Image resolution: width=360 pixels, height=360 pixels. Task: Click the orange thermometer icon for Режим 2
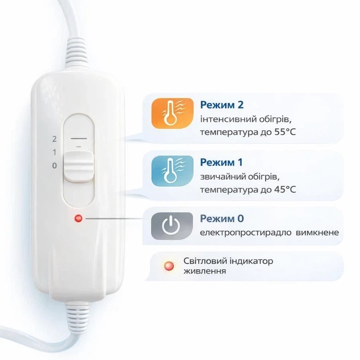pyautogui.click(x=172, y=113)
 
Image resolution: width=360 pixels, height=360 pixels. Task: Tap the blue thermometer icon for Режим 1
pyautogui.click(x=172, y=171)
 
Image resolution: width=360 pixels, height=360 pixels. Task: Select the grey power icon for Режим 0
pyautogui.click(x=172, y=226)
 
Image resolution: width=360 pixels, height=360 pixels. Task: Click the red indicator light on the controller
pyautogui.click(x=78, y=218)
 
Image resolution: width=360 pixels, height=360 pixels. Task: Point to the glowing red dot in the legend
pyautogui.click(x=169, y=266)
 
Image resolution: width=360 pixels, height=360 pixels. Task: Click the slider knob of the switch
pyautogui.click(x=79, y=166)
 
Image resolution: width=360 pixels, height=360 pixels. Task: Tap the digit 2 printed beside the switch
pyautogui.click(x=54, y=139)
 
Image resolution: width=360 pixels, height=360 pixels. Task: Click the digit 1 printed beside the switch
pyautogui.click(x=54, y=152)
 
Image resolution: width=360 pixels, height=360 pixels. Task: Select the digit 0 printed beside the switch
pyautogui.click(x=54, y=166)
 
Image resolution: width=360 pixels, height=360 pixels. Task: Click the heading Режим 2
pyautogui.click(x=222, y=105)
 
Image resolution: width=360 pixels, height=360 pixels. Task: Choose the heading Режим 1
pyautogui.click(x=221, y=162)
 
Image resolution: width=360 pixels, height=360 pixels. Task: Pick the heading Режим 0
pyautogui.click(x=222, y=218)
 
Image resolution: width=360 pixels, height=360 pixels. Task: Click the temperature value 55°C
pyautogui.click(x=285, y=132)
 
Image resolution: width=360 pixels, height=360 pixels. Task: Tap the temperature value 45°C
pyautogui.click(x=285, y=190)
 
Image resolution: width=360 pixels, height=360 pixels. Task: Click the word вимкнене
pyautogui.click(x=317, y=233)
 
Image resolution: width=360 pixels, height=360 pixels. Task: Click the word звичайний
pyautogui.click(x=226, y=177)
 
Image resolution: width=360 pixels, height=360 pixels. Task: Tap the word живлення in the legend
pyautogui.click(x=205, y=271)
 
